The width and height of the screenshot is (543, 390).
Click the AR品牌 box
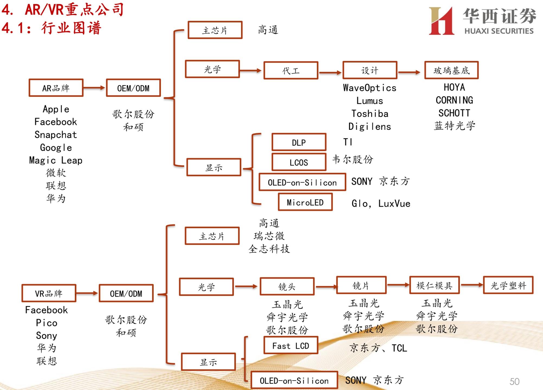click(56, 88)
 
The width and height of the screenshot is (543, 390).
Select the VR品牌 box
click(49, 293)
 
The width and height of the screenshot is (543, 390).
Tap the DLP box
click(299, 142)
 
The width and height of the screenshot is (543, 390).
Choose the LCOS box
click(299, 162)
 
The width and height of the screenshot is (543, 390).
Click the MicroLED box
click(305, 202)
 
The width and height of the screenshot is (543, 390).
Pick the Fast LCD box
click(291, 346)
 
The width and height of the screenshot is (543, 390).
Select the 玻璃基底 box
click(451, 70)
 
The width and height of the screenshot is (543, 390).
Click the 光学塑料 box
click(508, 285)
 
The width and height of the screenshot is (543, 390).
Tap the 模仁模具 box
click(434, 285)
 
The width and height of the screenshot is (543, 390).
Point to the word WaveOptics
click(370, 88)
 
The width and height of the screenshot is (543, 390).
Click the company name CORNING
click(454, 100)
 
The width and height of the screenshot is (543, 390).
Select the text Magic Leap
click(56, 160)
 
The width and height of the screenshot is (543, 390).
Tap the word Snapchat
click(56, 135)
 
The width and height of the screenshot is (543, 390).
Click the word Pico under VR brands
click(47, 323)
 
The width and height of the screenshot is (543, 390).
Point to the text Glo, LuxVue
click(381, 203)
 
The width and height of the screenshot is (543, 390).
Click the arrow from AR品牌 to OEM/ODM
click(94, 88)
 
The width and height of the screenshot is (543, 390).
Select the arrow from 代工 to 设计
click(330, 72)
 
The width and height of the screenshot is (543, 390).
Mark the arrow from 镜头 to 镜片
click(326, 287)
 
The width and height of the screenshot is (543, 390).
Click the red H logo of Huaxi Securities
click(441, 21)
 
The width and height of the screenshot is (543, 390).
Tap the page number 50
click(514, 382)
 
